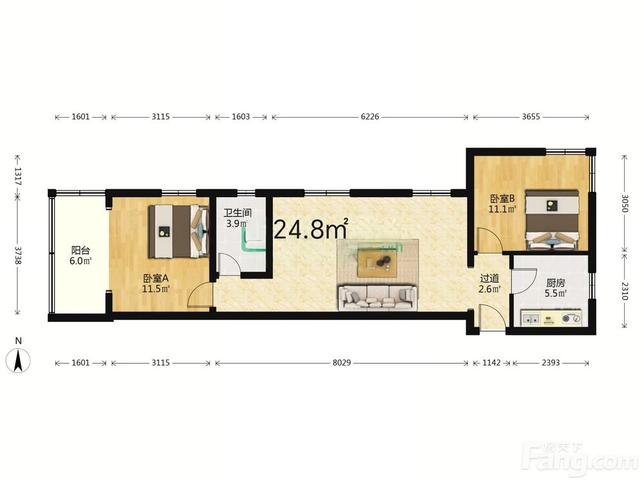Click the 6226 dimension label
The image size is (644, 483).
[370, 117]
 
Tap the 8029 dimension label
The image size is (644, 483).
[341, 363]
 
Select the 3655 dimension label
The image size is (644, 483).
[531, 117]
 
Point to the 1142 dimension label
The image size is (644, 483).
[491, 363]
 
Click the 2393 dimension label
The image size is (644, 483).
[551, 363]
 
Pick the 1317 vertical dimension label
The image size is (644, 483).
[18, 175]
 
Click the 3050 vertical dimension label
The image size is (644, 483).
[624, 202]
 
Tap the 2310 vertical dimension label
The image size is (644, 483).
[624, 291]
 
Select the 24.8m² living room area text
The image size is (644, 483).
[311, 229]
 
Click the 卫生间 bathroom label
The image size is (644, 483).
[238, 213]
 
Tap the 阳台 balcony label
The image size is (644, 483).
[80, 250]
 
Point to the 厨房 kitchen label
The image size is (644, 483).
[555, 283]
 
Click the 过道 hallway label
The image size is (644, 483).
[489, 278]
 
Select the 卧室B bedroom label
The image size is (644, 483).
[502, 199]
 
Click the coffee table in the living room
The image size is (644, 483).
[377, 263]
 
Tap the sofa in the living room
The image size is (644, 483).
[377, 298]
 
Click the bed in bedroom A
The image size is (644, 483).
[178, 231]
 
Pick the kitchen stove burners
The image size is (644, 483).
[571, 318]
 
